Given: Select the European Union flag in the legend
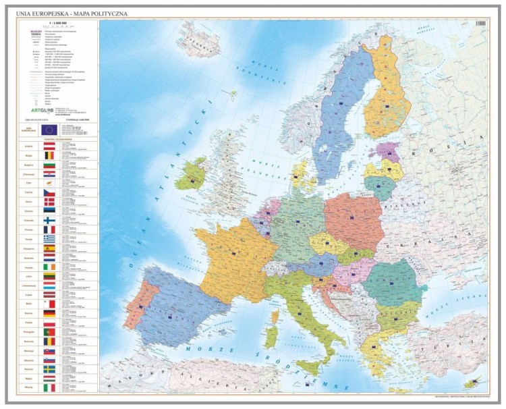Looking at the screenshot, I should click(x=48, y=129).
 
